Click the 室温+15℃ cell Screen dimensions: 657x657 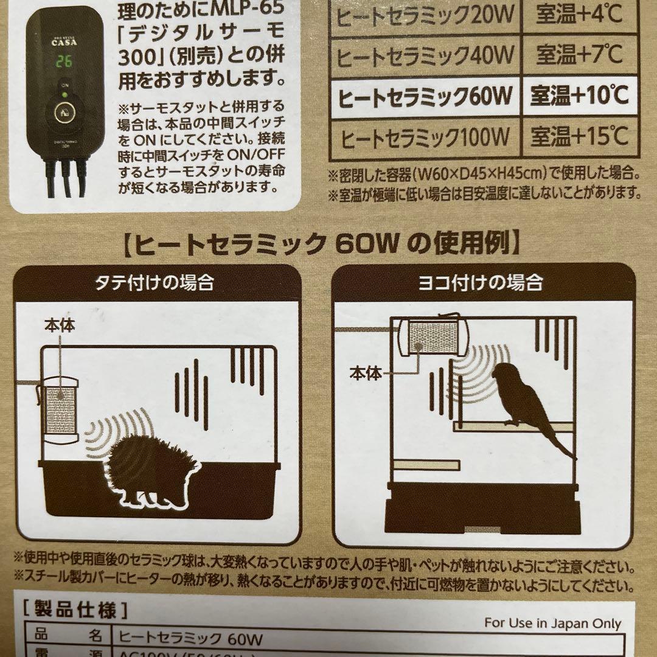click(x=579, y=136)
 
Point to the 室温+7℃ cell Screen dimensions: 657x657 click(x=579, y=55)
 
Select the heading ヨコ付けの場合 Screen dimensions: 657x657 click(x=484, y=282)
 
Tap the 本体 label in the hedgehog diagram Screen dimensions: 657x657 click(x=60, y=325)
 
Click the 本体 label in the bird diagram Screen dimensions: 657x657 click(x=366, y=372)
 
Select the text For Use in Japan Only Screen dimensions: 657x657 click(x=552, y=623)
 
